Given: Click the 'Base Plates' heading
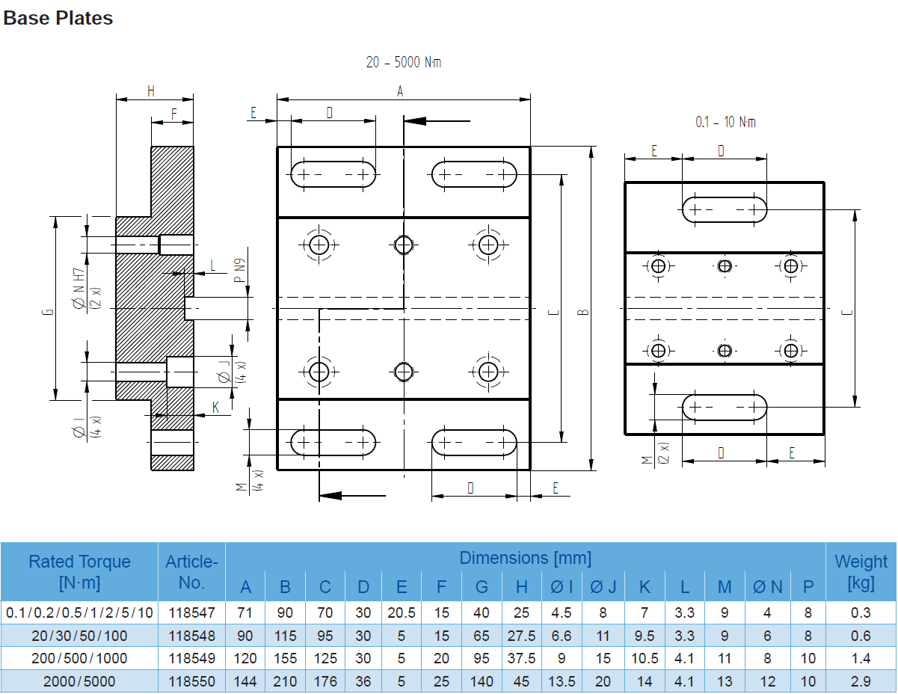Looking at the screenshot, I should pos(58,19).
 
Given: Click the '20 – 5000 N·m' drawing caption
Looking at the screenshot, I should pos(403,63).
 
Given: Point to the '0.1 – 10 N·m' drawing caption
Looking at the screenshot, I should pos(725,122).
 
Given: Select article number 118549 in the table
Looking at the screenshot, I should pos(191,659).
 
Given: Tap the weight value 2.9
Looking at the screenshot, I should pos(861,682).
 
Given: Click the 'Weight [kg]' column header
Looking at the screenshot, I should pos(861,571).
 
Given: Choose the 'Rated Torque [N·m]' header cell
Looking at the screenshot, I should pos(79,572).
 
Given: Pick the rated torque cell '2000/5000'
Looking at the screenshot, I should pos(79,682).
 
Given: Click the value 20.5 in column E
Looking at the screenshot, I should pos(402,612).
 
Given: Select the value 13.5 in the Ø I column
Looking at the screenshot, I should pos(561,682).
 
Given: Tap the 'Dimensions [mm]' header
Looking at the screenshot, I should pos(525,558).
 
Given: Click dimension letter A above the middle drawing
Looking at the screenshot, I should pos(400,91).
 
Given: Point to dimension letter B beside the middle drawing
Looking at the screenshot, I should pos(585,311).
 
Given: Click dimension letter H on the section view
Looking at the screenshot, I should pos(151,91).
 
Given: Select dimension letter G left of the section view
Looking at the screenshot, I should pos(46,312).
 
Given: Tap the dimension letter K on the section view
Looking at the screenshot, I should pos(215,408).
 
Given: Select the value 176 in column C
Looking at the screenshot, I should pos(325,682).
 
